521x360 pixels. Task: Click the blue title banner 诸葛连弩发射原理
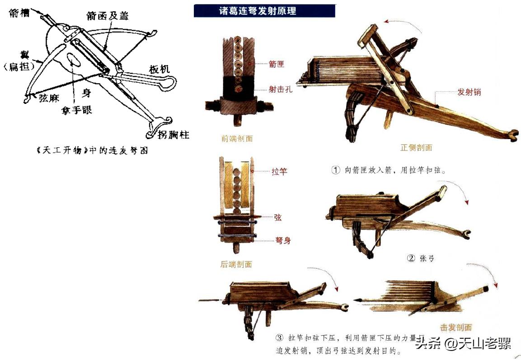264,10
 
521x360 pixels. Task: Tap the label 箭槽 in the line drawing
19,14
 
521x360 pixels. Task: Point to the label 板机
159,69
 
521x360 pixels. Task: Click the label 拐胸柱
173,135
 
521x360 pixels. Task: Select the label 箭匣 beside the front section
276,65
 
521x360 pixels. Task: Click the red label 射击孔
281,89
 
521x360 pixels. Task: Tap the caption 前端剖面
237,139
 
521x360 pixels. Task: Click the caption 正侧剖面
416,147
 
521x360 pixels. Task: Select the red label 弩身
283,241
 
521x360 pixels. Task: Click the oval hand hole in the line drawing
72,59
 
